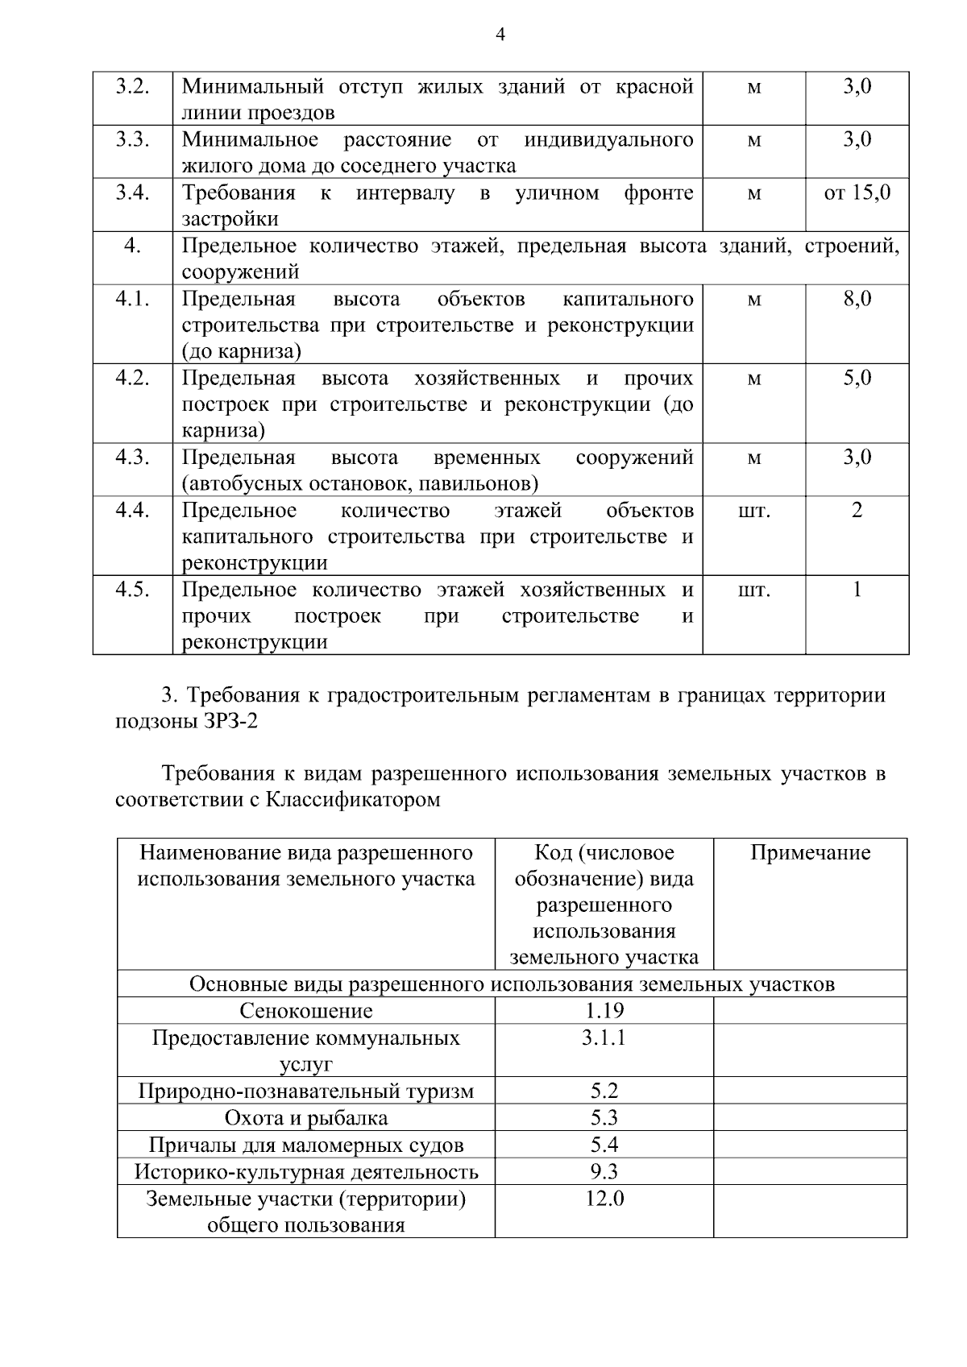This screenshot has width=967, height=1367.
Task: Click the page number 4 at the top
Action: click(x=500, y=35)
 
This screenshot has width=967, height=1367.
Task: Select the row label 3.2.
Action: click(x=132, y=86)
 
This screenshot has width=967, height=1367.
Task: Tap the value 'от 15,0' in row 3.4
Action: click(x=857, y=193)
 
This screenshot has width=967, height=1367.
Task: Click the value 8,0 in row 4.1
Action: click(x=857, y=299)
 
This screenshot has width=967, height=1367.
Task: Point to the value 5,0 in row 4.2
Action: click(x=857, y=378)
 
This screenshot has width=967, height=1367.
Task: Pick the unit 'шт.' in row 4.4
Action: click(x=753, y=511)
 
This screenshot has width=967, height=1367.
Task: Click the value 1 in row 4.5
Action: click(x=857, y=590)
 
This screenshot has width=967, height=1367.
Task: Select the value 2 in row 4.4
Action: click(x=857, y=511)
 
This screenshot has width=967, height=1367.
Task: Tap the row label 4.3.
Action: click(x=132, y=458)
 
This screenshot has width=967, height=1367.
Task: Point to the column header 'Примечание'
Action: click(x=810, y=853)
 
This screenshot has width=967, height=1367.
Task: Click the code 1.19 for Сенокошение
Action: click(x=604, y=1011)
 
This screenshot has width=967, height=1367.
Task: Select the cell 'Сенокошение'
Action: click(x=306, y=1011)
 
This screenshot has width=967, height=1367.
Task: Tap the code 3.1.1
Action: click(x=604, y=1038)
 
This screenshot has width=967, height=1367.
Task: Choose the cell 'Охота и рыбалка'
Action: click(x=306, y=1118)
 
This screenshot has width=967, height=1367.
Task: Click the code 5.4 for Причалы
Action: click(x=604, y=1145)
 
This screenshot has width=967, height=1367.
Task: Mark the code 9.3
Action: click(x=604, y=1171)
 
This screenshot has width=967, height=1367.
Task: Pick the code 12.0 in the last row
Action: click(x=604, y=1199)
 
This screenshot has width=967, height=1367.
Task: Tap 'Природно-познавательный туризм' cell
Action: click(x=306, y=1092)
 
